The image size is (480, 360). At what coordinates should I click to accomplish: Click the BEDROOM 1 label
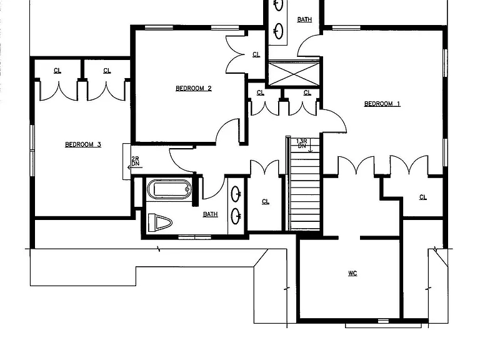tap(382, 104)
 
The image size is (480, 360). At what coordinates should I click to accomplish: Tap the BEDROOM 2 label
tap(194, 88)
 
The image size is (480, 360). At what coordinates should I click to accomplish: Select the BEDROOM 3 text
tap(83, 144)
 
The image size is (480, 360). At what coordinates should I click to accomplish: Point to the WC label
tap(352, 273)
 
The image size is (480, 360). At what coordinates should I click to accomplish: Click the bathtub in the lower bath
tap(169, 189)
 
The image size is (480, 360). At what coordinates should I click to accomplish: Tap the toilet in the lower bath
tap(160, 222)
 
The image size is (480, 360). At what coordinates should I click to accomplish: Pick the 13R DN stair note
tap(302, 144)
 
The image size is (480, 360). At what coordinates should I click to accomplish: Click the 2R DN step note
tap(135, 161)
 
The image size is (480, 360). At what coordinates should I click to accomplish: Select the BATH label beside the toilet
tap(210, 214)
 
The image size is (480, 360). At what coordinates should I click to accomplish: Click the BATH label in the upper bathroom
tap(304, 19)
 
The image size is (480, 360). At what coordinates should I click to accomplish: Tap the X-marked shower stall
tap(294, 74)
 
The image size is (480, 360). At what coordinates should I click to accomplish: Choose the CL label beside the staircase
tap(266, 201)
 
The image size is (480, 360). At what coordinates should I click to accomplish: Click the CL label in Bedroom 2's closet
tap(256, 54)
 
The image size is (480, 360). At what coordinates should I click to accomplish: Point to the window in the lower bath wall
tap(195, 237)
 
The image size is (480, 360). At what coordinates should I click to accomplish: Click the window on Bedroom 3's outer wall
tap(32, 150)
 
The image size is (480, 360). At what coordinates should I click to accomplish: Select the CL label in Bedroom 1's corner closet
tap(422, 197)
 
